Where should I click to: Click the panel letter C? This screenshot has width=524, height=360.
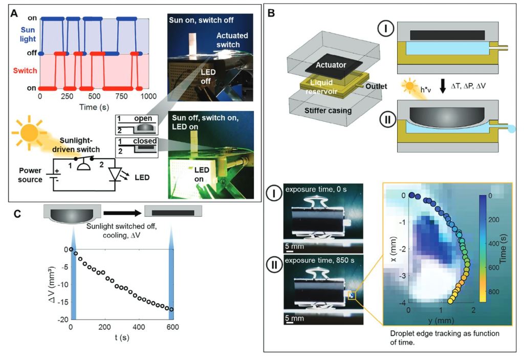point(17,214)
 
